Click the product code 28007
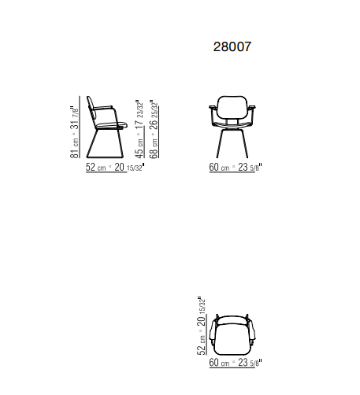click(x=232, y=46)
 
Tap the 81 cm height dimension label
click(x=75, y=132)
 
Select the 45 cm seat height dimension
click(x=139, y=129)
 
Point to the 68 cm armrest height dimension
click(x=154, y=129)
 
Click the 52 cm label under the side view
click(x=115, y=167)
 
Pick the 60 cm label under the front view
click(x=236, y=167)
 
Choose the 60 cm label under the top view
click(x=236, y=363)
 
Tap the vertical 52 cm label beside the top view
click(x=201, y=326)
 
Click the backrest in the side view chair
click(x=91, y=109)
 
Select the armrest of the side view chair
click(x=103, y=107)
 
